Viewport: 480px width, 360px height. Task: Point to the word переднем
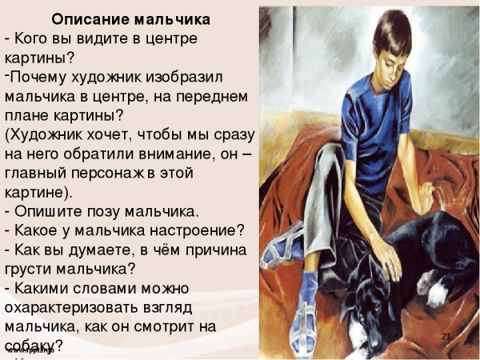tap(212, 97)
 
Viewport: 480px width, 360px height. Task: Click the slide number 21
tap(446, 335)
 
